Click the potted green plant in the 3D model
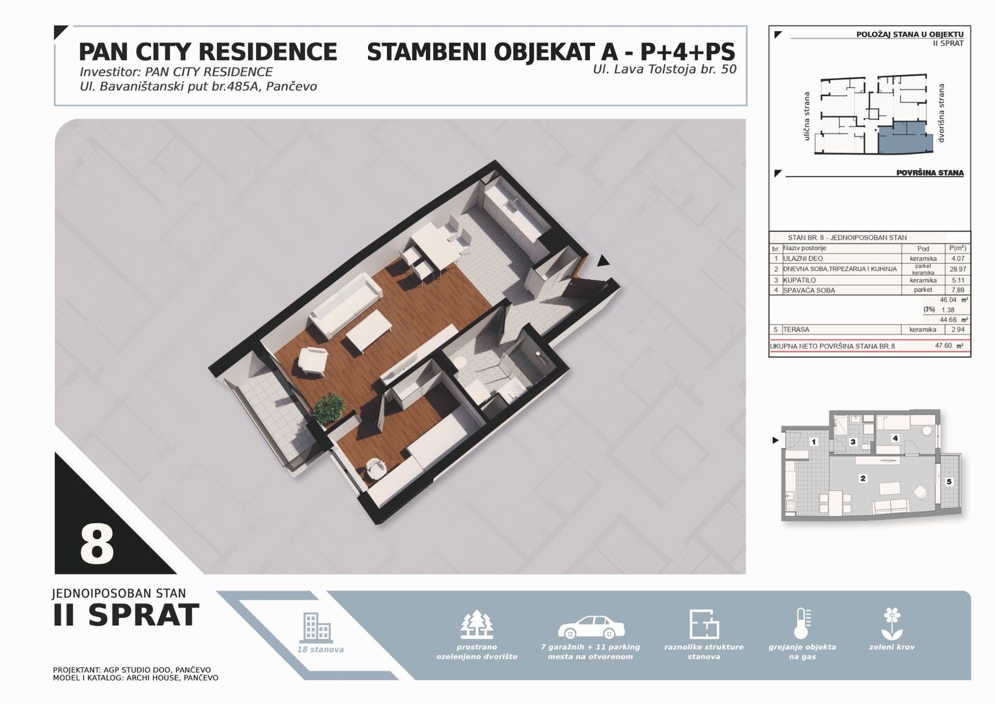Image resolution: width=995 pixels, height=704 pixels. point(328,408)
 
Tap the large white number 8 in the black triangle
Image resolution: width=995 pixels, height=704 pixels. point(97,544)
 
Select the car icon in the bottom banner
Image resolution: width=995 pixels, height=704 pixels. point(591,627)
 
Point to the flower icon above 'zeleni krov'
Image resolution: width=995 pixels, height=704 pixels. point(891,624)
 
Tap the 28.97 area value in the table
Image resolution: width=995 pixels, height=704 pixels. point(958,269)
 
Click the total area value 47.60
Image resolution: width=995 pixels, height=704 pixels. point(944,345)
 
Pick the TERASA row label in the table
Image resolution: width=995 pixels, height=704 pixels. point(796,330)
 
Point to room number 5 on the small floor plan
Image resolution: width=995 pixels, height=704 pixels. point(949,482)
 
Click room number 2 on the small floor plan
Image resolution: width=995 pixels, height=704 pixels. point(863,478)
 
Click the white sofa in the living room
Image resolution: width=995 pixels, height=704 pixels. point(345,306)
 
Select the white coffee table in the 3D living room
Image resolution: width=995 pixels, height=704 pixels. point(369,331)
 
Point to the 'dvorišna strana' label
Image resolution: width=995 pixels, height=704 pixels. point(940,113)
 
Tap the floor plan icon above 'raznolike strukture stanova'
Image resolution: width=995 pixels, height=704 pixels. point(704,624)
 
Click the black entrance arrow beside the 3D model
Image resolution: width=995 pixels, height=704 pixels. point(603,261)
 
